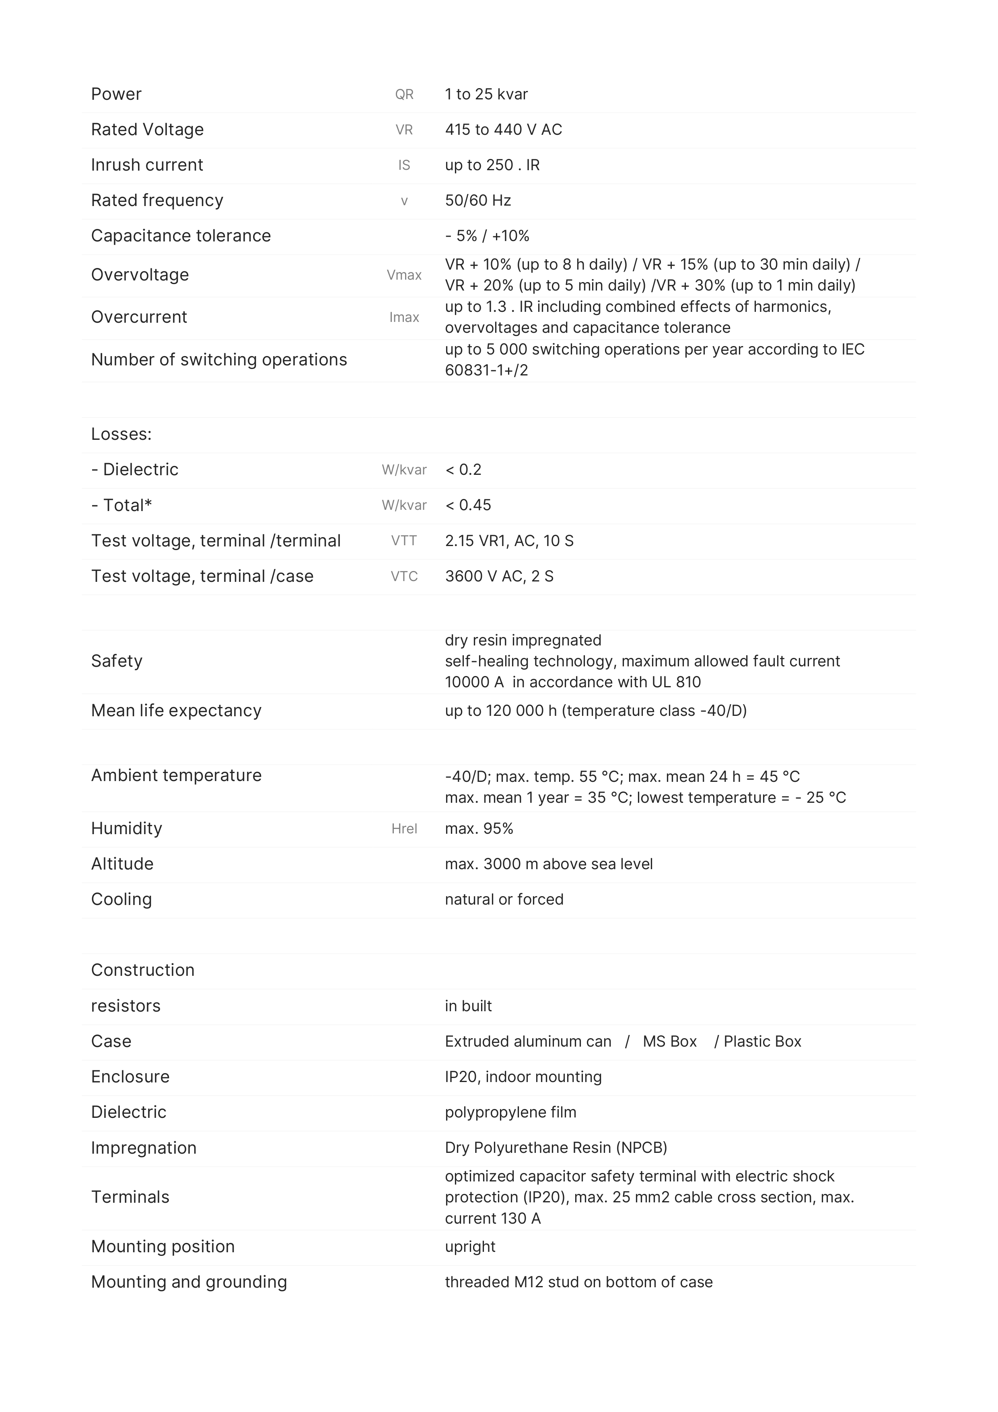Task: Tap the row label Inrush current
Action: pos(147,165)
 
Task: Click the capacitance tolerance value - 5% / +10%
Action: pos(487,236)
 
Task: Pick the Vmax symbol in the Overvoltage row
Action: pos(404,276)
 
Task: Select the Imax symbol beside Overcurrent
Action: pos(404,317)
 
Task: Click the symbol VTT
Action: pos(404,541)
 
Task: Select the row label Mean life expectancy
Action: pos(176,711)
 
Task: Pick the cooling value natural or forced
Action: pos(504,900)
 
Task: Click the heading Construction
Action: pos(143,971)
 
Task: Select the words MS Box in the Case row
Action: pos(670,1042)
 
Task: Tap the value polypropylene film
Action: pos(510,1113)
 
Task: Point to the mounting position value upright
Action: pos(470,1247)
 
